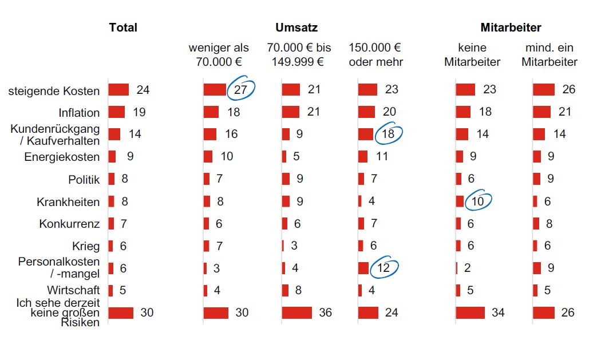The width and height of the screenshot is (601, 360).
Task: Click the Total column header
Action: [x=123, y=27]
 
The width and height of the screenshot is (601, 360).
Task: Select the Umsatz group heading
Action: [x=296, y=27]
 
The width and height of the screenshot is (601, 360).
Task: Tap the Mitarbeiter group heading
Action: [x=511, y=27]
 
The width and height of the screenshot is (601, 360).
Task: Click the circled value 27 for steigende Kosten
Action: [x=241, y=89]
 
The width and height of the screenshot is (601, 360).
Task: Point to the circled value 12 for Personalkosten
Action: [x=383, y=268]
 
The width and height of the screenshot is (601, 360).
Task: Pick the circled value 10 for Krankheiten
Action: [x=478, y=201]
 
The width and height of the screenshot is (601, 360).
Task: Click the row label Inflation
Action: [x=79, y=113]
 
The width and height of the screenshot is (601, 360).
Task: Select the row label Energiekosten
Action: [x=62, y=157]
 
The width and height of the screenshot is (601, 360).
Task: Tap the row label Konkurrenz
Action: [x=69, y=224]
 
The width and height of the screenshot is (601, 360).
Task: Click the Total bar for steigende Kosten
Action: [x=118, y=90]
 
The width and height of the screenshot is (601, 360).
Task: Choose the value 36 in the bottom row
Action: [x=325, y=312]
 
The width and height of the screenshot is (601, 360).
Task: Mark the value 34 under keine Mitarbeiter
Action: [x=498, y=312]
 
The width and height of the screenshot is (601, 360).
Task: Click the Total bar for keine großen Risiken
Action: [x=121, y=312]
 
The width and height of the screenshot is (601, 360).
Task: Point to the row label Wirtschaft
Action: [x=73, y=290]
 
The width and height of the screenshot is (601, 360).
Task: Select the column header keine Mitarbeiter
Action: [x=472, y=54]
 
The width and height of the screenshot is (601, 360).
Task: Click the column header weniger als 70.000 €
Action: [x=219, y=54]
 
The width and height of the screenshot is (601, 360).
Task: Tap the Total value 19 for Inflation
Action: [x=139, y=112]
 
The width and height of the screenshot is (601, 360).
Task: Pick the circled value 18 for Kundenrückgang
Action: [x=388, y=133]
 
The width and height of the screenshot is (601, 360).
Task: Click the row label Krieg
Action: [x=86, y=246]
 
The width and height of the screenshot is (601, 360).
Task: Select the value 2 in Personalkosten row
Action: [x=467, y=268]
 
